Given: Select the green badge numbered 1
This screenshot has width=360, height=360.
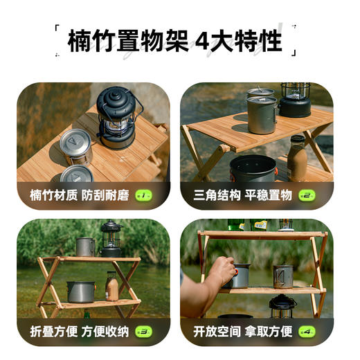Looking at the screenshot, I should click(143, 196).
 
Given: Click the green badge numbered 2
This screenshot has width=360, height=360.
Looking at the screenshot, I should click(307, 196).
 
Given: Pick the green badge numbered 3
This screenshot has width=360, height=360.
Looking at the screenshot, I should click(143, 332).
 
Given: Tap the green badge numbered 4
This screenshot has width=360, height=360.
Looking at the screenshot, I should click(307, 332).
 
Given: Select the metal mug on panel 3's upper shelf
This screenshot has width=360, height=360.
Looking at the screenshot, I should click(84, 246).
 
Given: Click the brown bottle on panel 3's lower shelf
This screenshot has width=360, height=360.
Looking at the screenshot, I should click(111, 286).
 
